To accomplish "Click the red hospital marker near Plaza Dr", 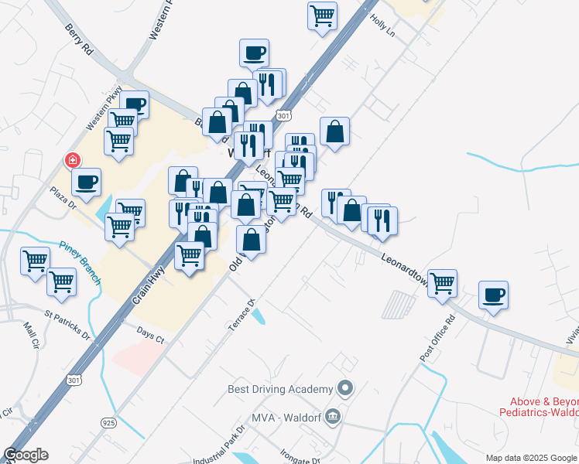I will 73,160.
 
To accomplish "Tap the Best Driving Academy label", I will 279,388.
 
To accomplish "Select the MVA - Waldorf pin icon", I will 333,418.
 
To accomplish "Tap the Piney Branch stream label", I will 81,263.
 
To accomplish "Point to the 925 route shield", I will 108,422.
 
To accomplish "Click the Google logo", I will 26,455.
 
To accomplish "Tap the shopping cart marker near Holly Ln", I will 322,14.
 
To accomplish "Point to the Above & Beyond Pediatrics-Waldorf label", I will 543,407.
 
